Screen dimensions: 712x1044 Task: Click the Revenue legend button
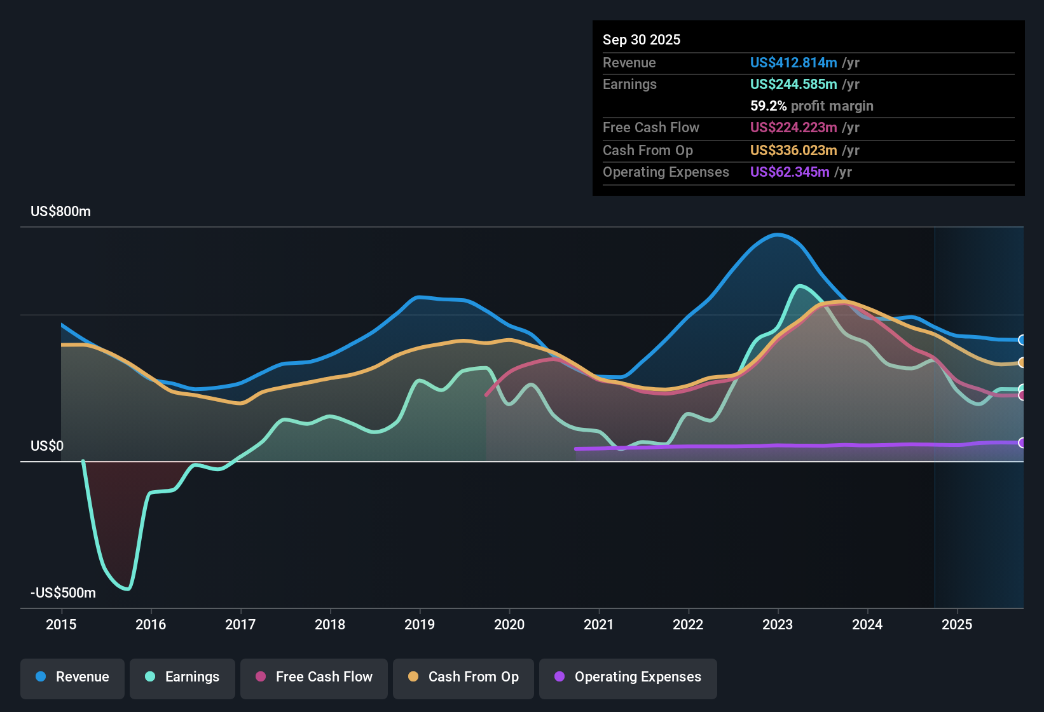pos(72,677)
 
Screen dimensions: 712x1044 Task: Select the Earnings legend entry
pos(182,677)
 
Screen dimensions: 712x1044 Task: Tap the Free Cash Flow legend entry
pos(314,677)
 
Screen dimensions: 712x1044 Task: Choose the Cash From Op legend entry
pos(464,677)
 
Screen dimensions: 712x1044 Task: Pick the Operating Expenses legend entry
pos(628,677)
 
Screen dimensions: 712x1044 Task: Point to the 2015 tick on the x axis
pos(61,624)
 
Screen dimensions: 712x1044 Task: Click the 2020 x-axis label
pos(509,624)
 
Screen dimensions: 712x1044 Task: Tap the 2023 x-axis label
pos(778,624)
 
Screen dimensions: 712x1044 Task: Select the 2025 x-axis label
pos(957,624)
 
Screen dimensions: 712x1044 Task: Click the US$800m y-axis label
pos(60,212)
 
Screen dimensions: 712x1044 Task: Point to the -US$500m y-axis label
pos(63,593)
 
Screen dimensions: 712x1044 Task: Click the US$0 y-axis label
pos(47,446)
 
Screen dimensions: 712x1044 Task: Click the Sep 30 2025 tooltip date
pos(642,40)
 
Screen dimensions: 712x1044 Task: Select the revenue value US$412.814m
pos(793,63)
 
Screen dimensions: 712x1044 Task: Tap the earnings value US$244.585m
pos(793,85)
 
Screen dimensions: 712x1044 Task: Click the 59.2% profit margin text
pos(811,106)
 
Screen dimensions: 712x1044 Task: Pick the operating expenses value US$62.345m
pos(789,172)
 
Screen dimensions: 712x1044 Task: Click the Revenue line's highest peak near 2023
pos(778,235)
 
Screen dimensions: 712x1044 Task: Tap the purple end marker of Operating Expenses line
pos(1022,442)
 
